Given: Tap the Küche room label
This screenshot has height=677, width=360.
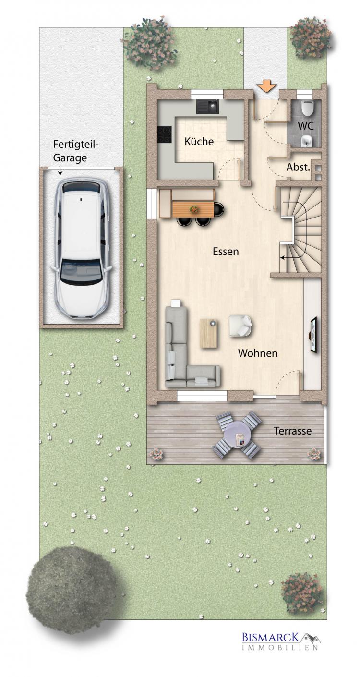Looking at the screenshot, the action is (x=199, y=141).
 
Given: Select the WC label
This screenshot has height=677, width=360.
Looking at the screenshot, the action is (x=305, y=126).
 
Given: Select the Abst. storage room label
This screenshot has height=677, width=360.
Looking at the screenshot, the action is (x=298, y=167).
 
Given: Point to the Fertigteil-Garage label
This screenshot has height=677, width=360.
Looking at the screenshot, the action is (x=75, y=151).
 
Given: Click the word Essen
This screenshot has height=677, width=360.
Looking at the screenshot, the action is (x=226, y=251).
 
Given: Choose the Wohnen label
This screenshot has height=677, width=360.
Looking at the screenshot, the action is (x=258, y=353).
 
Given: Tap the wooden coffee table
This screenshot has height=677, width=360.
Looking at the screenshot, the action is (x=209, y=333).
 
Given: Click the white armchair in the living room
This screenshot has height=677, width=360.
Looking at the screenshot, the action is (x=240, y=326).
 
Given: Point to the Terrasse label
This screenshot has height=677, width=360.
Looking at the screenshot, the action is (x=292, y=431).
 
